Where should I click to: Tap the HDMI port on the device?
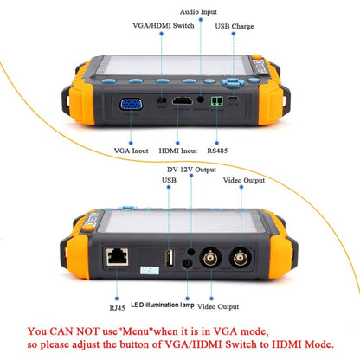pyautogui.click(x=183, y=101)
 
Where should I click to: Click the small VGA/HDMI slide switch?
pyautogui.click(x=161, y=101)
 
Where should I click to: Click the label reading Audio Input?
pyautogui.click(x=200, y=13)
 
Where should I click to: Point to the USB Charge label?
pyautogui.click(x=235, y=26)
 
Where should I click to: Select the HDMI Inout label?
pyautogui.click(x=176, y=151)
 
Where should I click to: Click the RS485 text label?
pyautogui.click(x=219, y=151)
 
